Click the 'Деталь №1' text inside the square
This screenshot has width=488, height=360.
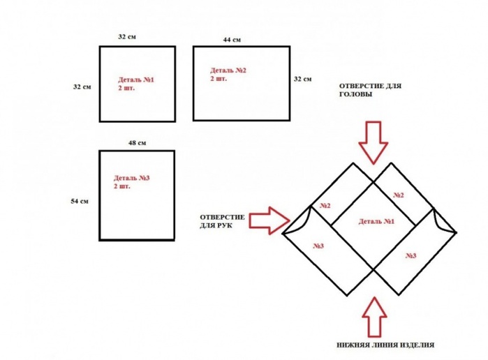tap(136, 80)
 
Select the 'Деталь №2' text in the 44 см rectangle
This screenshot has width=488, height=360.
tap(228, 71)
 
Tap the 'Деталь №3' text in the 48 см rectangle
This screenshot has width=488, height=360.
tap(131, 179)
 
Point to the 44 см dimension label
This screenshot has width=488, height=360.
tap(232, 40)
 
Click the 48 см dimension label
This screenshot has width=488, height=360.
tap(137, 143)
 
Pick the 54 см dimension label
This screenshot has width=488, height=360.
tap(80, 202)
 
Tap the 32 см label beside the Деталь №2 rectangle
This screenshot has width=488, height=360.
tap(302, 79)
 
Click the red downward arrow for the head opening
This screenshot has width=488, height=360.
tap(373, 140)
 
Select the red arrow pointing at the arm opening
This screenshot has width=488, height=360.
tap(269, 221)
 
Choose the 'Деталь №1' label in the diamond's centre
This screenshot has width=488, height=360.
tap(377, 222)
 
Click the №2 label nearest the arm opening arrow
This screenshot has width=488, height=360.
tap(325, 206)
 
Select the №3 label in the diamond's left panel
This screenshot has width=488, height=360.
tap(318, 246)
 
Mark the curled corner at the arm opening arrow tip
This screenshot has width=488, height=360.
tap(296, 223)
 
